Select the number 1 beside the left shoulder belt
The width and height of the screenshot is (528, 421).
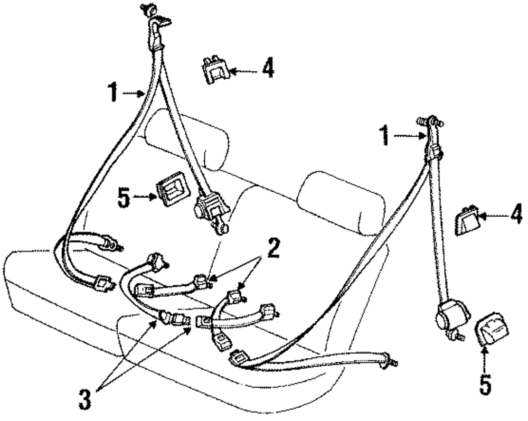pyautogui.click(x=111, y=93)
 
